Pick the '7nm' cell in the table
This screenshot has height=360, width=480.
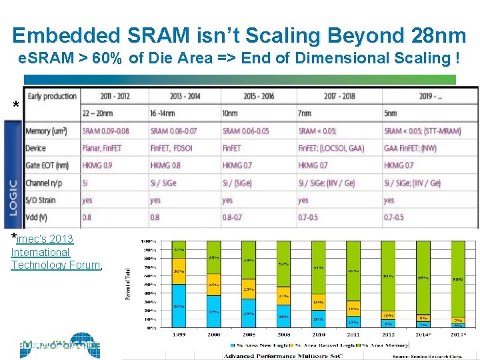[307, 113]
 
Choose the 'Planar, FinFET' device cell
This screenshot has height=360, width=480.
[105, 148]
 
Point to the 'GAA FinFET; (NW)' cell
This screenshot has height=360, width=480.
[414, 148]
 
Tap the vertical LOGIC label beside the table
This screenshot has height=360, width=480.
[13, 197]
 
